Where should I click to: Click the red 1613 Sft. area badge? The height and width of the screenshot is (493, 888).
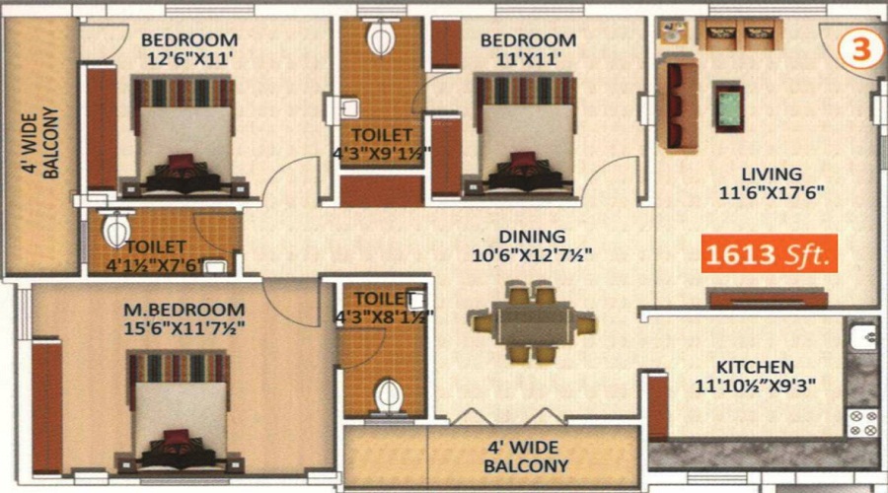pos(769,253)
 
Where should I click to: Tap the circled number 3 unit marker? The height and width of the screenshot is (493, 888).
pos(859,48)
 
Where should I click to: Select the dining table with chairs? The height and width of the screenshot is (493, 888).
pos(531,323)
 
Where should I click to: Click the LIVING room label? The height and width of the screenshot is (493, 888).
pos(772,174)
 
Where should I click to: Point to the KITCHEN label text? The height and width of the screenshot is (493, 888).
pos(755,367)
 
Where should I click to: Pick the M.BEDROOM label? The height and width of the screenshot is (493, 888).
pos(185,310)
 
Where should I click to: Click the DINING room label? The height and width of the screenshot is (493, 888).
pos(532,236)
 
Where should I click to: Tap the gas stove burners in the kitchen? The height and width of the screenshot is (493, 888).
pos(862,423)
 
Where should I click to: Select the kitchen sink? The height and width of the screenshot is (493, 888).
pos(864,337)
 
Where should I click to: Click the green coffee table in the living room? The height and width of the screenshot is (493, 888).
pos(729,107)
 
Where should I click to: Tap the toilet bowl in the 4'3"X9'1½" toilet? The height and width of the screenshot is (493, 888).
pos(381,37)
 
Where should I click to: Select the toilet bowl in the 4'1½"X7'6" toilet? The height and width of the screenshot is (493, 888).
pos(117,228)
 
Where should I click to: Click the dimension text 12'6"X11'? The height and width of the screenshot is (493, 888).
pos(189,58)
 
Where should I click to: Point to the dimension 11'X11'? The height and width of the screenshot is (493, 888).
pos(529,58)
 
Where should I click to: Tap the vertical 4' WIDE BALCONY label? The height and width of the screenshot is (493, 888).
pos(40,143)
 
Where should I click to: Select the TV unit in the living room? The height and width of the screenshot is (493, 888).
pos(769,298)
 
